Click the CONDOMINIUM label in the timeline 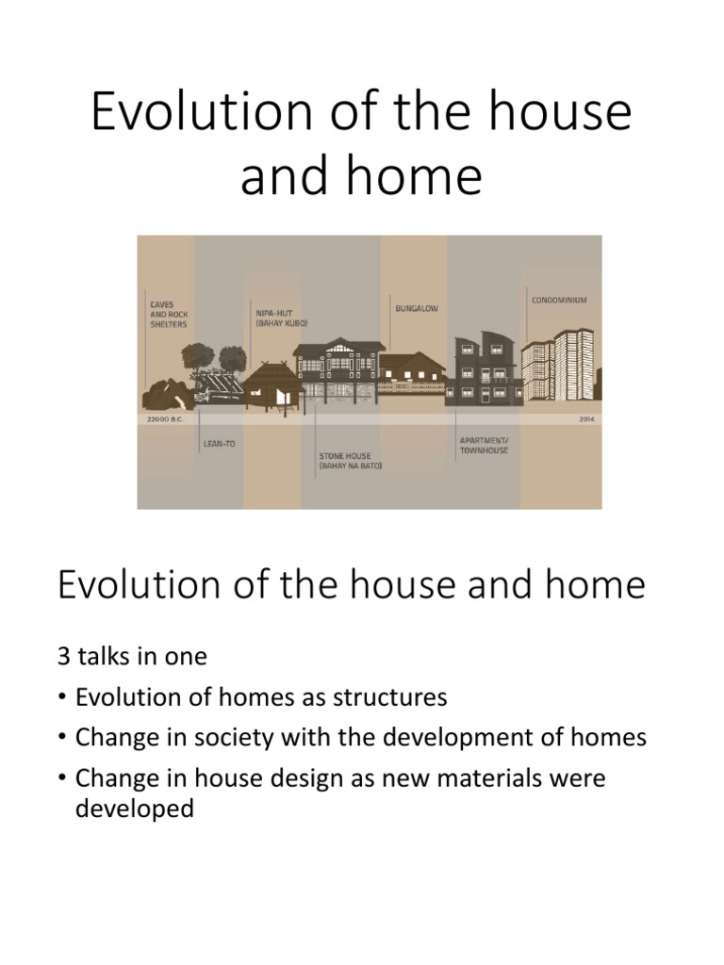coord(559,301)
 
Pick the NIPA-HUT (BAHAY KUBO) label coord(280,317)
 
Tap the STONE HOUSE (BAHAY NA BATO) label coord(350,462)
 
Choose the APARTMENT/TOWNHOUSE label coord(484,445)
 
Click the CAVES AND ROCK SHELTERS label coord(168,314)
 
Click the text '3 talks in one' coord(132,656)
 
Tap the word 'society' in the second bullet coord(267,738)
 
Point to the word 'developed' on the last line coord(134,809)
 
